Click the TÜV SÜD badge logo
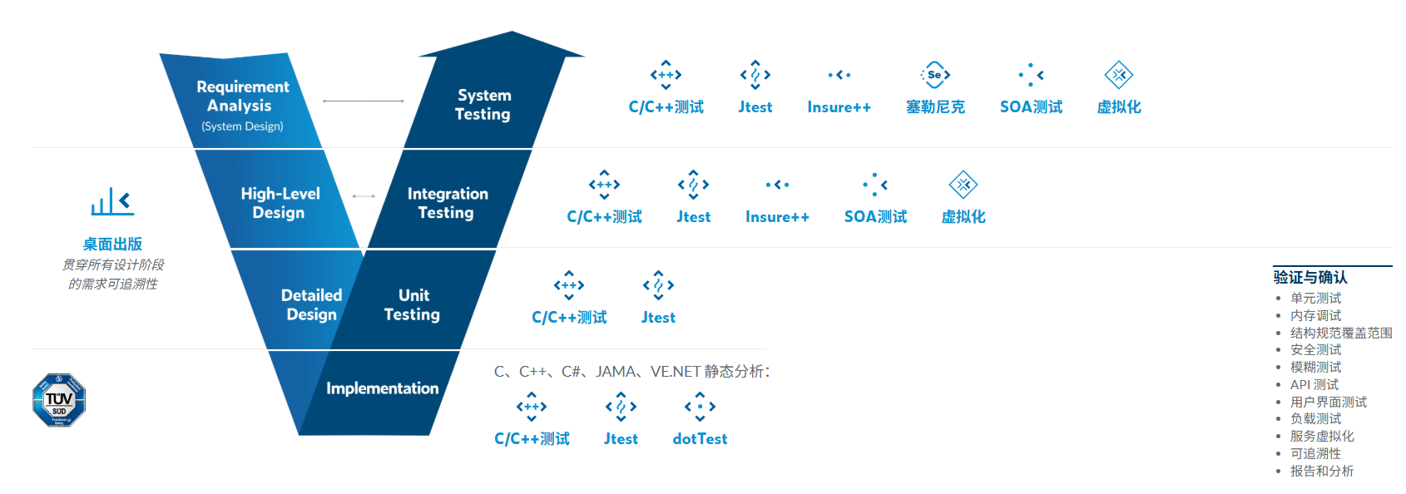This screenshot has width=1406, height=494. tap(59, 400)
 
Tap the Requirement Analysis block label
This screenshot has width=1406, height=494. tap(242, 96)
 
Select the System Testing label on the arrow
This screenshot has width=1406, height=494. tap(483, 105)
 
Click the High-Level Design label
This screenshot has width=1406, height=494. tap(280, 203)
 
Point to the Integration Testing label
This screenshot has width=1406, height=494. tap(448, 203)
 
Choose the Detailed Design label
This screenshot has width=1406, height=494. tap(311, 304)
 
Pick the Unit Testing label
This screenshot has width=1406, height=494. tap(413, 304)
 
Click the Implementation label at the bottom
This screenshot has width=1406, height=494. tap(382, 388)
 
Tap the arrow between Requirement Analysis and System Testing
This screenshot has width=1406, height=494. tap(364, 101)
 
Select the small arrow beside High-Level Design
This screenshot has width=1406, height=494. tap(364, 196)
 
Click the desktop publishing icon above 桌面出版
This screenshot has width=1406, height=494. tap(112, 202)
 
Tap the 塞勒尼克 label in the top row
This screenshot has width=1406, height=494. tap(935, 107)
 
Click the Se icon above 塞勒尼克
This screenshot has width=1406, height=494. tap(935, 75)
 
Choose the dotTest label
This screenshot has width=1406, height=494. tap(700, 439)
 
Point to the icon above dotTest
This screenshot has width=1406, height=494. tap(700, 407)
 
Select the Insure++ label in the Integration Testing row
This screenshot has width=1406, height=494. tap(777, 217)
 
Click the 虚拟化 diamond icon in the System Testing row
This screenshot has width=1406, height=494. tap(1119, 75)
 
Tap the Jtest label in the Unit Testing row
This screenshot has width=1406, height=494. tap(658, 318)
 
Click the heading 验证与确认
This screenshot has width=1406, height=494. tap(1310, 277)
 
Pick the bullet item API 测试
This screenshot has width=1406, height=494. tap(1314, 384)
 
